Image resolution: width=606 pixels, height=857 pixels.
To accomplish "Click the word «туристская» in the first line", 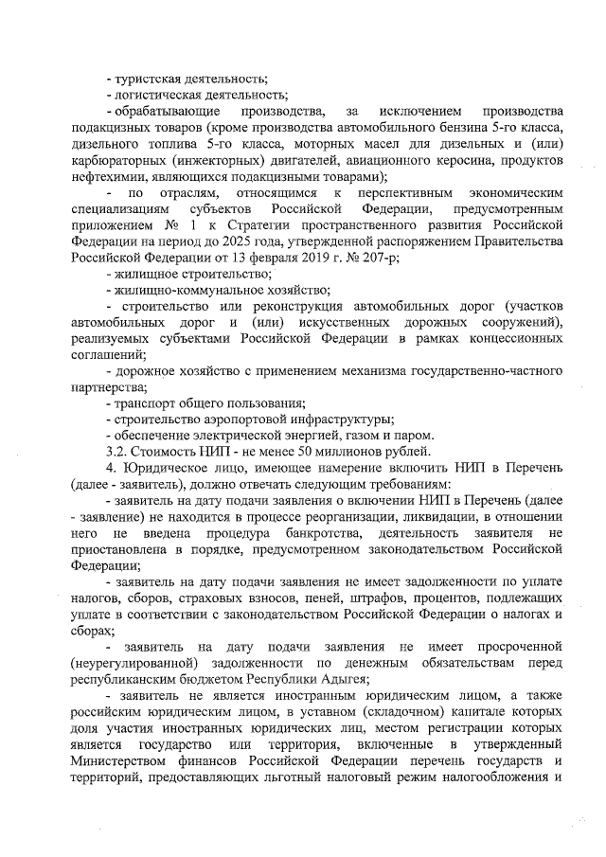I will click(147, 78).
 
